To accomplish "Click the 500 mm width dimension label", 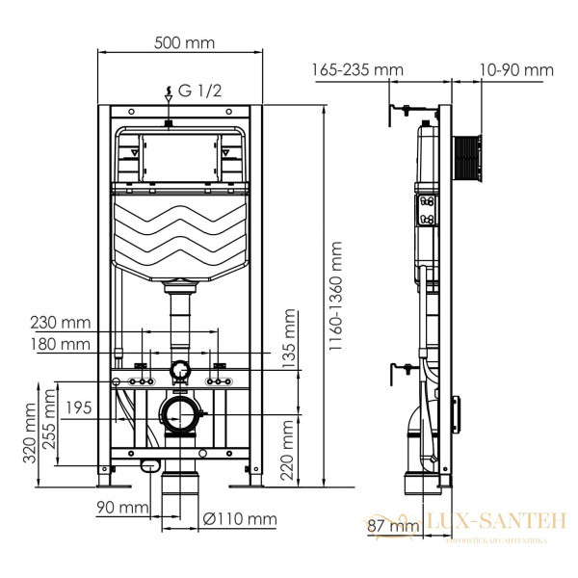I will (x=183, y=43).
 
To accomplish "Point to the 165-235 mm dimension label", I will (x=357, y=69).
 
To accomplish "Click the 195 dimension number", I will (x=80, y=408).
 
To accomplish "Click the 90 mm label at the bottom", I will (x=120, y=507).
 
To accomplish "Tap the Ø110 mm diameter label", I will (x=241, y=520).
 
